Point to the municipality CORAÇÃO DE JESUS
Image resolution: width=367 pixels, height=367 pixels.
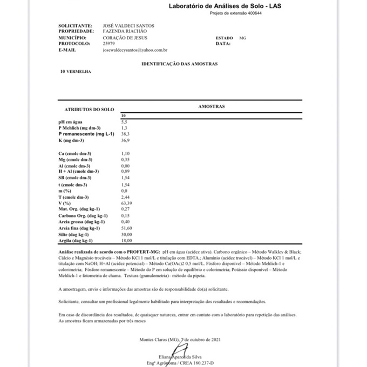coord(125,38)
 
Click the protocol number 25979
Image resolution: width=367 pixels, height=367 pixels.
coord(108,44)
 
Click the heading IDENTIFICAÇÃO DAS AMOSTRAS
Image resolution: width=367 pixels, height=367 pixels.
coord(179,64)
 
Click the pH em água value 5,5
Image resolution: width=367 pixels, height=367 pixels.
coord(124,123)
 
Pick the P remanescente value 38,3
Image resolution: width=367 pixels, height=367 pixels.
coord(125,133)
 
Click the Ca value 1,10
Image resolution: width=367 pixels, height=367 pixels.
coord(125,154)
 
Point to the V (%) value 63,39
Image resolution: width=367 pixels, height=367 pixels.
coord(126,203)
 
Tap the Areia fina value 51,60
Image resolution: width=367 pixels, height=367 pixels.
coord(126,228)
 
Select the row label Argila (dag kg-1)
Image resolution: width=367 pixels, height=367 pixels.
coord(75,241)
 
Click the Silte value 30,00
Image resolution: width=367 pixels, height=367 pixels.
coord(126,235)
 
